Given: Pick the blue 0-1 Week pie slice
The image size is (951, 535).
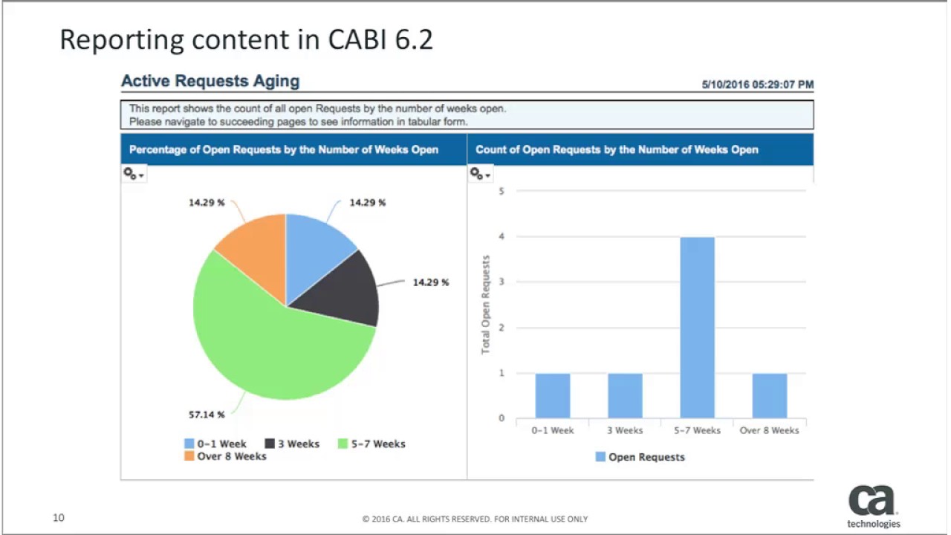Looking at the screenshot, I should coord(316,245).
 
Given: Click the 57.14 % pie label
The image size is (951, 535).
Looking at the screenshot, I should coord(207,415).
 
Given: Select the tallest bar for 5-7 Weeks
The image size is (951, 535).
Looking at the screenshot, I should coord(697,327).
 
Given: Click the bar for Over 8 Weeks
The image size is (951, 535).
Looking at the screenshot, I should coord(769,395).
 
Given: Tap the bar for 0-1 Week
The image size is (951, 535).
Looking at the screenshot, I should coord(552,395).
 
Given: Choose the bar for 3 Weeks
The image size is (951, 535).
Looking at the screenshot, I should coord(625,395).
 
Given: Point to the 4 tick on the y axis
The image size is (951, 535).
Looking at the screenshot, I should coord(502,236).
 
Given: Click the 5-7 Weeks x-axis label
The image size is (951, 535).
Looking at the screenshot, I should coord(697,430).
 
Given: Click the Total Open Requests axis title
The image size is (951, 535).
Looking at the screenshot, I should coord(486,305).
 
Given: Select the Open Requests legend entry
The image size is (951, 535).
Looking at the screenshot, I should coord(640,457).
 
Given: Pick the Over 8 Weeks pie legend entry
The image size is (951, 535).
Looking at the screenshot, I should coord(225,456).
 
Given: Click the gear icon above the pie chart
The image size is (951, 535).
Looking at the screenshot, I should coord(133,174).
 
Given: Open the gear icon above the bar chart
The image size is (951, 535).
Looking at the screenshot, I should coord(480,174).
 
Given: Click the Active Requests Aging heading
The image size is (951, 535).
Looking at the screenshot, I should coord(210,82).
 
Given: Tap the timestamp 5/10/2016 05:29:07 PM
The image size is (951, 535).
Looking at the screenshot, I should coord(757,85).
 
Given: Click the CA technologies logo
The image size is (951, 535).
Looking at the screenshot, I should coord(873,506).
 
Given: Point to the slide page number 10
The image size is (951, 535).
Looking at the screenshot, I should coord(59,517).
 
